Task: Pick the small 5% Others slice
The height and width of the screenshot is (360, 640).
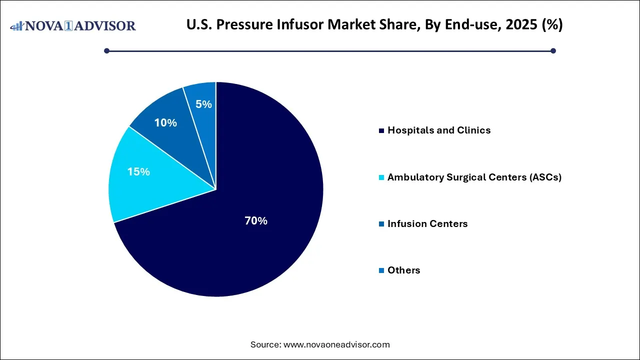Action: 202,100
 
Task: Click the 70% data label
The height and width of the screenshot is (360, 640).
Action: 256,221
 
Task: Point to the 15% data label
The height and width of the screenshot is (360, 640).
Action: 138,172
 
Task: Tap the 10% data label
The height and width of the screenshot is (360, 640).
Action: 165,122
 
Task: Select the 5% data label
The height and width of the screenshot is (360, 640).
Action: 204,104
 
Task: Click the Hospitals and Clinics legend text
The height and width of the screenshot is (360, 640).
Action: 439,130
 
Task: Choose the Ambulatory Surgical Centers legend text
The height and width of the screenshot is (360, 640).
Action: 474,177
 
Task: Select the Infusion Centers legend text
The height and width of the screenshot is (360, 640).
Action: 427,224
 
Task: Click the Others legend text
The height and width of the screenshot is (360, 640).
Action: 404,270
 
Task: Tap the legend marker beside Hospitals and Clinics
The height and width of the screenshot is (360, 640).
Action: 382,131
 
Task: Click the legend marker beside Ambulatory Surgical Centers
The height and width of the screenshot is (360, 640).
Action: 382,177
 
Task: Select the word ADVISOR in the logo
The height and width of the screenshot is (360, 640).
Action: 105,25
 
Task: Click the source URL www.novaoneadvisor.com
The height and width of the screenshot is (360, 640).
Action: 336,344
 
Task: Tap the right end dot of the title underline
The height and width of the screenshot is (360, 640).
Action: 553,50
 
